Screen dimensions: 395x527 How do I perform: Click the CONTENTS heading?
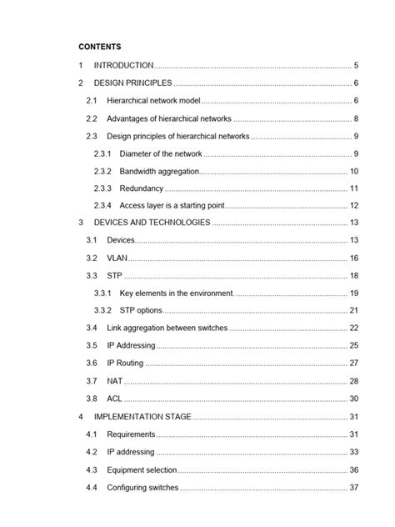[x=99, y=47]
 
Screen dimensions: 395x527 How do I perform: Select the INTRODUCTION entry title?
[x=123, y=65]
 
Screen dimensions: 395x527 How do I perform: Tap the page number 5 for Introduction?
[x=356, y=65]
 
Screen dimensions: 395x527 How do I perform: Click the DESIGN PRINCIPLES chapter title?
[x=133, y=83]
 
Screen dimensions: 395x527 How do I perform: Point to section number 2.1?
[x=92, y=101]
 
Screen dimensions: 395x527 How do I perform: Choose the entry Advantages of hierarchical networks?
[x=169, y=118]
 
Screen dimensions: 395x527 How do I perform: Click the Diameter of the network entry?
[x=161, y=153]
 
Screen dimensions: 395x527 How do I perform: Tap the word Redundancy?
[x=141, y=188]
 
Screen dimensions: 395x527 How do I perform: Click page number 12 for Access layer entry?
[x=354, y=206]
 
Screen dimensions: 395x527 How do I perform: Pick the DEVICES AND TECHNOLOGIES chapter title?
[x=152, y=223]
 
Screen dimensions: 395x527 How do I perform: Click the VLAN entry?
[x=117, y=258]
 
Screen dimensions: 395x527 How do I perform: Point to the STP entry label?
[x=114, y=276]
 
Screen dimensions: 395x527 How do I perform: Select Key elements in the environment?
[x=176, y=294]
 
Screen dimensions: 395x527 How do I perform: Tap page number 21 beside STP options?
[x=354, y=311]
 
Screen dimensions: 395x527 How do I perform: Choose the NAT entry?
[x=115, y=381]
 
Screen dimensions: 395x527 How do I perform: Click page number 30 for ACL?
[x=354, y=399]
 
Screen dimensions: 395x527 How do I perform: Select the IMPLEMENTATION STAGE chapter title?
[x=142, y=416]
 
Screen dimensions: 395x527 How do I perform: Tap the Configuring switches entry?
[x=142, y=487]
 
